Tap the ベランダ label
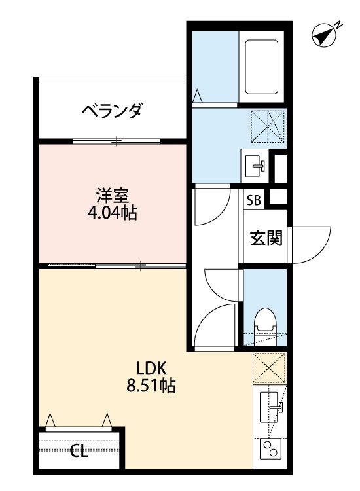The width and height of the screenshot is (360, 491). click(x=112, y=111)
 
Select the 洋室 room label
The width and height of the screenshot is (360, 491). click(x=112, y=196)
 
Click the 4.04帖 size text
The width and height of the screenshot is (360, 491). click(x=112, y=213)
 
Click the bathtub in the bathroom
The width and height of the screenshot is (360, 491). click(x=261, y=67)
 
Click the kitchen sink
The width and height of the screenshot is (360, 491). click(x=270, y=407)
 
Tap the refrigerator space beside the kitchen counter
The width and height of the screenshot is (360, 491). click(x=269, y=368)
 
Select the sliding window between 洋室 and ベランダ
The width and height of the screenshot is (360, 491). click(x=116, y=141)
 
